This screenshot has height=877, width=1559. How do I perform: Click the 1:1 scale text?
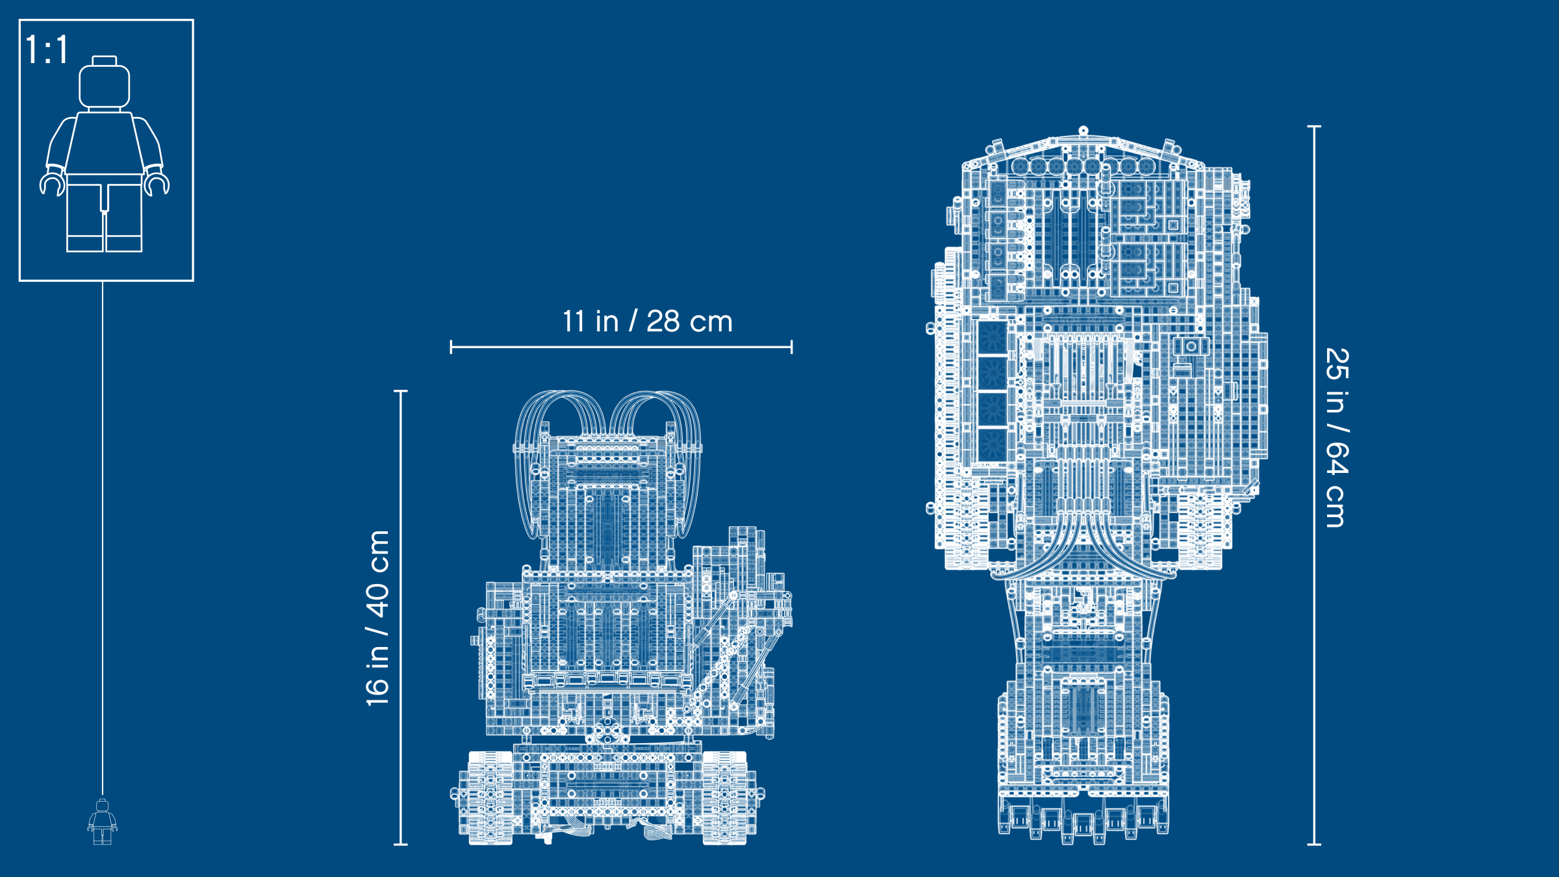47,49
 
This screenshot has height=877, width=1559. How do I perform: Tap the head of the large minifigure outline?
104,86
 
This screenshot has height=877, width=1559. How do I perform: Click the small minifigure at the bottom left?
103,822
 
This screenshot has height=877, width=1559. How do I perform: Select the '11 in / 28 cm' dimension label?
648,322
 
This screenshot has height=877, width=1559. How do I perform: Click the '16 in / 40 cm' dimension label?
377,618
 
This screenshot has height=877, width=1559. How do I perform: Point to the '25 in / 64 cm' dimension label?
1337,438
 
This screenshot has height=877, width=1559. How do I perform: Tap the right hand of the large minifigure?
156,181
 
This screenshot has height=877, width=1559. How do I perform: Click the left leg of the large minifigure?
85,218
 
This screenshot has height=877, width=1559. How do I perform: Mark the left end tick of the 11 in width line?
451,347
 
